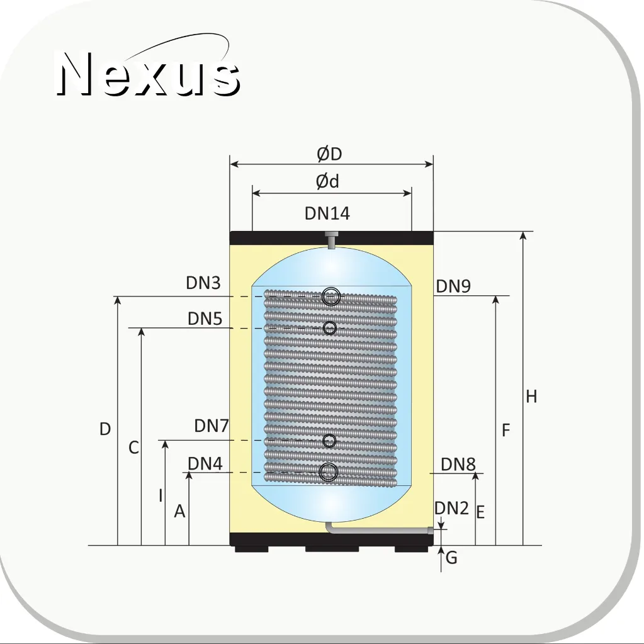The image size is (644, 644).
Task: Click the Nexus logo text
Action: (148, 74)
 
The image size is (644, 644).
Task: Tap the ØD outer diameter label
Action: (329, 154)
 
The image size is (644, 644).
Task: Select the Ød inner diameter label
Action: (327, 181)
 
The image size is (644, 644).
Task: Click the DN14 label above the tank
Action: (327, 213)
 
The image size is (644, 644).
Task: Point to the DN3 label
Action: (203, 283)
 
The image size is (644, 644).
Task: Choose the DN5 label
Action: (205, 319)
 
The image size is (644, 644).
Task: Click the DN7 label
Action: (212, 426)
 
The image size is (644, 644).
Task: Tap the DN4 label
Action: (205, 463)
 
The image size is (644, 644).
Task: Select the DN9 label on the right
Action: (453, 286)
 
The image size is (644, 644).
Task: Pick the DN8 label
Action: (458, 464)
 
